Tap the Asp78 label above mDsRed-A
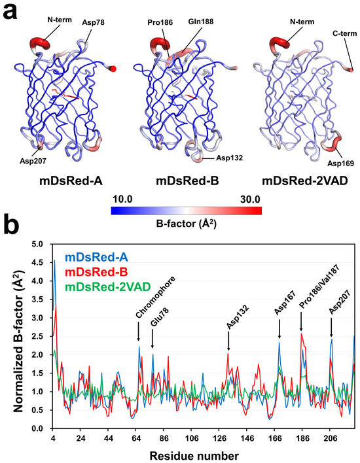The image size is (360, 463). tap(94, 22)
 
